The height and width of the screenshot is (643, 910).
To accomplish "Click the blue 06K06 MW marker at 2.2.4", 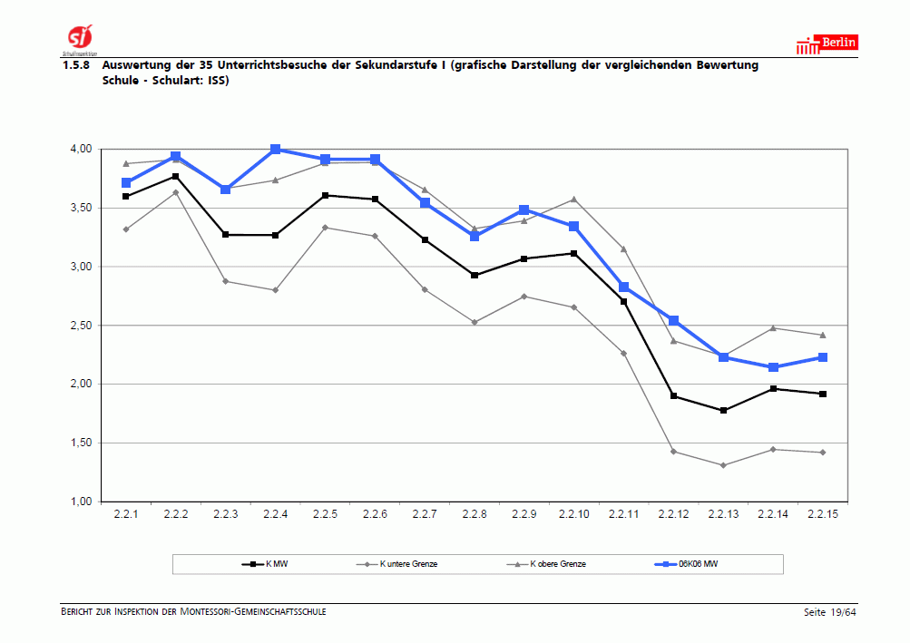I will pos(275,150).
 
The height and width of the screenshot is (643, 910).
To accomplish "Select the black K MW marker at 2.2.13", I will pos(723,411).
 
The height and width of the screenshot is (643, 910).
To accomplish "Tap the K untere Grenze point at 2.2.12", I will pos(673,452).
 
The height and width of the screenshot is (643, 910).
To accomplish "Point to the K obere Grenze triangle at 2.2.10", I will pos(573,200).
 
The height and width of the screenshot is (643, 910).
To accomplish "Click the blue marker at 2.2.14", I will pos(773,367).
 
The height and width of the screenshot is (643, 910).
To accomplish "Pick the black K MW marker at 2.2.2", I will pos(175,176).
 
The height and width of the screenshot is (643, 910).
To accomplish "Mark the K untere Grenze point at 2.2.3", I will pos(225,281).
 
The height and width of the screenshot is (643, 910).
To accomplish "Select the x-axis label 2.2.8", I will pos(474,514).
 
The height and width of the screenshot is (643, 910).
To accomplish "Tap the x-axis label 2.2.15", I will pos(822,514).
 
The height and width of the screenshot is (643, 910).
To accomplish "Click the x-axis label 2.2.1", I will pos(125,514).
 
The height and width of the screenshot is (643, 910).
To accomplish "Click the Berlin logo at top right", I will pos(827,44).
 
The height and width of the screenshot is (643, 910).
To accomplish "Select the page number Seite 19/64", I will pos(829,612).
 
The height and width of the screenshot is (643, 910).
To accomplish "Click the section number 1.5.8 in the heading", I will pos(76,65).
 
